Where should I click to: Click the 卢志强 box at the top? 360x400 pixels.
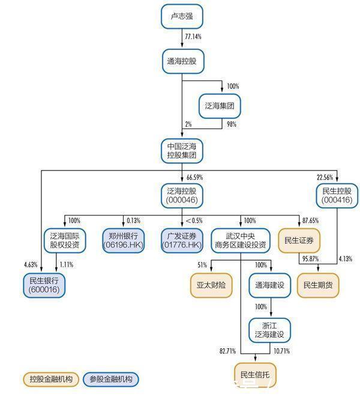(x=182, y=16)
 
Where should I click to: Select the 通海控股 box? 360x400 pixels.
(x=182, y=61)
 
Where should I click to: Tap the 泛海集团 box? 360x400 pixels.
(x=219, y=106)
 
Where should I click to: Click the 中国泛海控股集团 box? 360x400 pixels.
(x=182, y=150)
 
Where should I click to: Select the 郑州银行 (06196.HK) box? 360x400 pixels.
(x=124, y=240)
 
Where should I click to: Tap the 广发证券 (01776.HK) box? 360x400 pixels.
(x=182, y=240)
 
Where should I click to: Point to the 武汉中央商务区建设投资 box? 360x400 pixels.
(x=240, y=240)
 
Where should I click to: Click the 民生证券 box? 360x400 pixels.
(x=299, y=240)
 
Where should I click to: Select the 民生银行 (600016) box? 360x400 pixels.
(x=44, y=285)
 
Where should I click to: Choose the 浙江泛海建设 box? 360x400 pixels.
(x=270, y=329)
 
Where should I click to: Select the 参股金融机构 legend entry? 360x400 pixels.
(x=110, y=379)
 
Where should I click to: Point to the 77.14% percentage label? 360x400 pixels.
(x=193, y=37)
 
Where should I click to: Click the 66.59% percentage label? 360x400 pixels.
(x=195, y=178)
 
